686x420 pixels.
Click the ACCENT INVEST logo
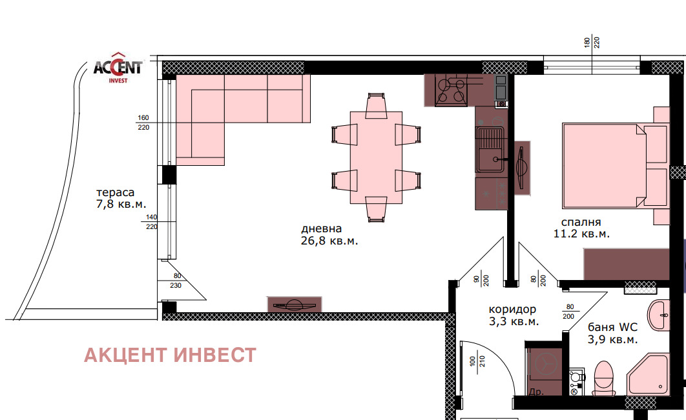[x=118, y=68]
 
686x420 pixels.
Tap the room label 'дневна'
[x=322, y=228]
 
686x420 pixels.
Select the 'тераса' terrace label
[x=115, y=193]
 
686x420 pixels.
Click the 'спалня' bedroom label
[x=581, y=223]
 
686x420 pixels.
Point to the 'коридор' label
[x=512, y=310]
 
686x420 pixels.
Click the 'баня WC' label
[x=612, y=327]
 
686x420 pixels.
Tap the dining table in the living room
[x=376, y=157]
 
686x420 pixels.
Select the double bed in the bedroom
[x=604, y=165]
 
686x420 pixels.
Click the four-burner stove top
[x=451, y=90]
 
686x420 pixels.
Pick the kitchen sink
[x=490, y=149]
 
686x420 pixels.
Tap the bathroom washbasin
[x=658, y=315]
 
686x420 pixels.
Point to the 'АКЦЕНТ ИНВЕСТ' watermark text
[x=170, y=355]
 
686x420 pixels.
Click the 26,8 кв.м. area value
[x=329, y=241]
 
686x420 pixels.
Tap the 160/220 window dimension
[x=143, y=123]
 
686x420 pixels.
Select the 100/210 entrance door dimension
[x=477, y=361]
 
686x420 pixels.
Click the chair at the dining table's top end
[x=376, y=105]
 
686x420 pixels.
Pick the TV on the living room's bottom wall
[x=295, y=304]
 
